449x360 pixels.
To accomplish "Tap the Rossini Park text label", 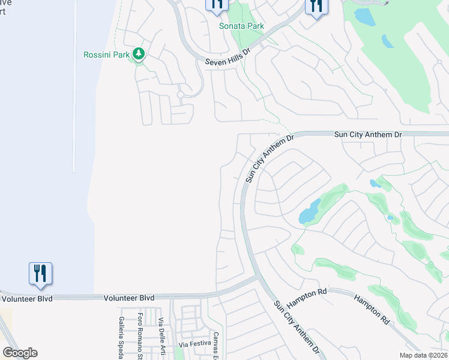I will pos(106,55).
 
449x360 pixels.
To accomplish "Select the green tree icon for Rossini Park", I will pos(139,55).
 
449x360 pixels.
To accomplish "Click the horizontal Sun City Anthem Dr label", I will pos(367,135).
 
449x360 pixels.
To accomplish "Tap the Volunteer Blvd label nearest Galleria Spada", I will pos(129,298).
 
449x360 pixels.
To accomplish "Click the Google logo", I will pos(20,353).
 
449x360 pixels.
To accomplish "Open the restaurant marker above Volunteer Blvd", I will pos(40,273).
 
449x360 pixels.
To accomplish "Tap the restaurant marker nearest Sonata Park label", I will pos(217,5).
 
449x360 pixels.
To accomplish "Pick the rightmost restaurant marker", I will pos(315,6).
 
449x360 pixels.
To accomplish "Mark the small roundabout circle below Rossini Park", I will pos(180,95).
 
